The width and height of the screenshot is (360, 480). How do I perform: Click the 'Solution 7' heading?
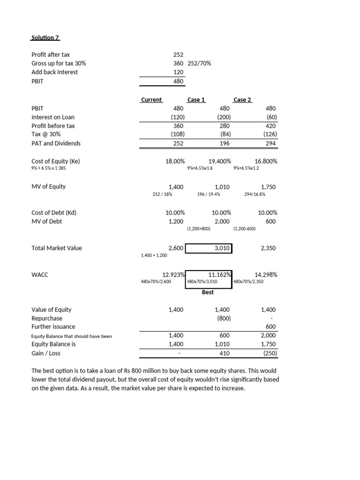point(46,37)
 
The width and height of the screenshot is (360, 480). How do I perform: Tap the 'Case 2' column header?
point(242,99)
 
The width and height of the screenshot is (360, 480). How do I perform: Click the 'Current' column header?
point(151,99)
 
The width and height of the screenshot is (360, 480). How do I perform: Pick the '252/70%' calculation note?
point(199,63)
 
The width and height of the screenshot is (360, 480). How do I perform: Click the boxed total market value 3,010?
point(222,248)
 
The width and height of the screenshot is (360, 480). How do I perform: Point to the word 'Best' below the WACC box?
point(208,292)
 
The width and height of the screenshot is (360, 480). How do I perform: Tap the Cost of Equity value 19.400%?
point(219,161)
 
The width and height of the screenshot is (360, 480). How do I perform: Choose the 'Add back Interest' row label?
point(55,72)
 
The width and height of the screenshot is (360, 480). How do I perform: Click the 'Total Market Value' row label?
point(57,248)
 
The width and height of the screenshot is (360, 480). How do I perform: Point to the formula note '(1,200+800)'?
point(198,229)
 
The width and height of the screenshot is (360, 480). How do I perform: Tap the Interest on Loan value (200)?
point(222,117)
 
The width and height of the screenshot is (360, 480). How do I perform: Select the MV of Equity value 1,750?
point(269,187)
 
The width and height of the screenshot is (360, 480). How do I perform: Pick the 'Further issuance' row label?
point(53,327)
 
